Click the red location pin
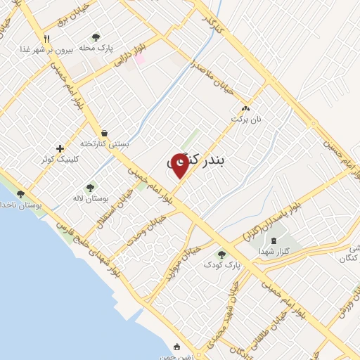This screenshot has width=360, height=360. (180, 165)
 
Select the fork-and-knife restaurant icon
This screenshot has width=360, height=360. (46, 39)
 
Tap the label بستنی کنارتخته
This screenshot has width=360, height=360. (105, 143)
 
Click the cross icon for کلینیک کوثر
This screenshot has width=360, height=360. (60, 148)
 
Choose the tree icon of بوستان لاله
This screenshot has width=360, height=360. (89, 188)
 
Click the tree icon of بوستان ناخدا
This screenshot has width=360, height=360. (20, 194)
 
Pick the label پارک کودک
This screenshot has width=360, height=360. (222, 264)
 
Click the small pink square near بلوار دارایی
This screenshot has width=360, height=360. (140, 59)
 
